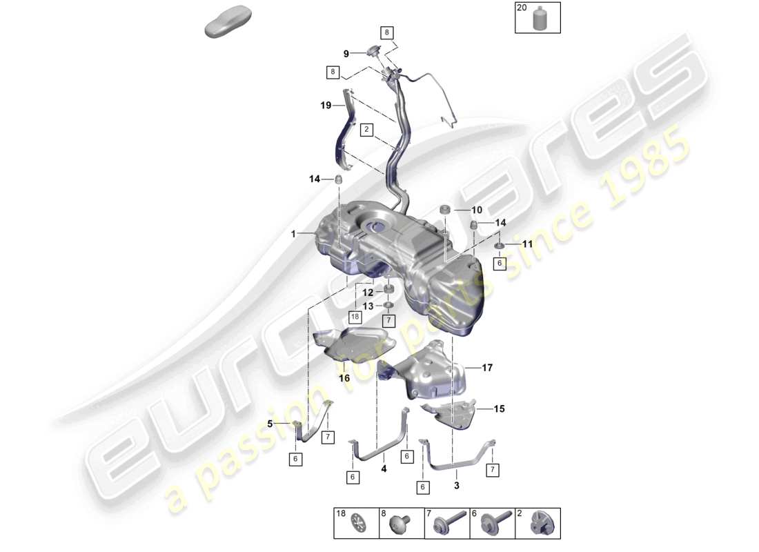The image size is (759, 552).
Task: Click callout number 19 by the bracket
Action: tap(326, 106)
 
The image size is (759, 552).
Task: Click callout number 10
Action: tap(477, 210)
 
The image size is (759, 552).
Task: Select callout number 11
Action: tap(527, 244)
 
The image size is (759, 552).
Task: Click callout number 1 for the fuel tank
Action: tap(293, 235)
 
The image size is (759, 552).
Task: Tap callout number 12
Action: tap(368, 293)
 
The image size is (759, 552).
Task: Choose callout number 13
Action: tap(368, 306)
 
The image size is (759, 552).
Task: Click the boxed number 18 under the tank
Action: tap(355, 317)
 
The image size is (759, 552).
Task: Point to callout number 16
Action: tap(344, 378)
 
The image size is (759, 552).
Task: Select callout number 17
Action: tap(487, 368)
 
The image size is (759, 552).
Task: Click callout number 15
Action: tap(499, 409)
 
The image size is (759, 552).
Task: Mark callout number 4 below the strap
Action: tap(384, 468)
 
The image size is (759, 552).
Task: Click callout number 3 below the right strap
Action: tap(457, 485)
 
